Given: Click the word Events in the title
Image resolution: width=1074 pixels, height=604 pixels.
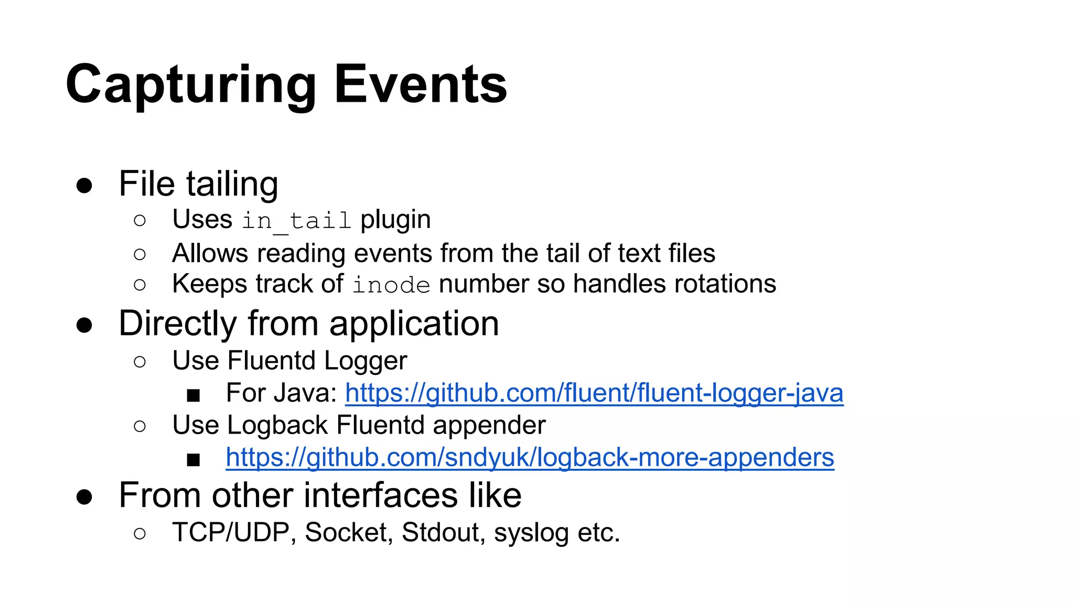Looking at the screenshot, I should [421, 84].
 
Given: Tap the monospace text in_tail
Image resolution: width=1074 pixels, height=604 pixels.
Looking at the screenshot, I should [296, 220].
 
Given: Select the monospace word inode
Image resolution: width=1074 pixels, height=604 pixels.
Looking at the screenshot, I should [391, 285].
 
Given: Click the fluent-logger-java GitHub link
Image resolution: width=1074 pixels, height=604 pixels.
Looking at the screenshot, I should [594, 393].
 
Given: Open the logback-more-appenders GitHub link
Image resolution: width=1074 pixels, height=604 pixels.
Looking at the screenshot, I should [530, 458].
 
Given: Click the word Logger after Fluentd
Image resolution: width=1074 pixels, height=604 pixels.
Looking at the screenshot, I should [366, 361].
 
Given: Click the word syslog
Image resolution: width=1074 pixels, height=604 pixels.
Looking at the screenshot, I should [531, 533].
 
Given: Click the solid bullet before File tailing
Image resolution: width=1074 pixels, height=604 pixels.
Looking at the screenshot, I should [84, 186].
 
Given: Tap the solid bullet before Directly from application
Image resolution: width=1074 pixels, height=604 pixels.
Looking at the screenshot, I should [84, 325].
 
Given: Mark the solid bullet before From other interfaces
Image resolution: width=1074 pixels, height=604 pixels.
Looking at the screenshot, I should [84, 497].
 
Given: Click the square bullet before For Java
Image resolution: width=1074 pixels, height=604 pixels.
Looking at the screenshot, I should [194, 395].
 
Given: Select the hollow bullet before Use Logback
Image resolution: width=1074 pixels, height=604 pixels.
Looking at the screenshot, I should [139, 426].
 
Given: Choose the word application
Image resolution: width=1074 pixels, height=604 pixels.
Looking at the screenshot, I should [414, 324].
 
